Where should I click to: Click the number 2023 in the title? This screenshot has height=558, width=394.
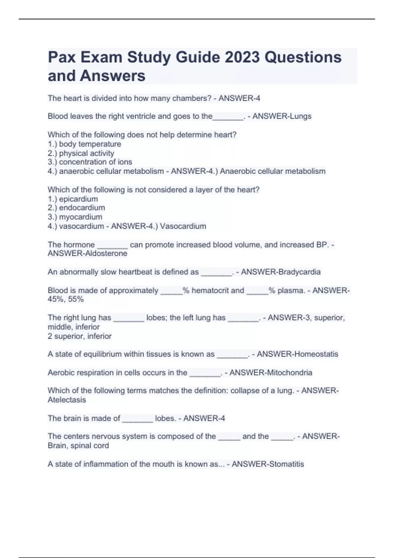pyautogui.click(x=242, y=57)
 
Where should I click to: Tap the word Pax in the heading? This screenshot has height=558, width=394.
pyautogui.click(x=61, y=57)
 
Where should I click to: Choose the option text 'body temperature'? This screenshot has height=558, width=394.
pyautogui.click(x=90, y=144)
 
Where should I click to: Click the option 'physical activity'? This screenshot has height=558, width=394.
pyautogui.click(x=87, y=153)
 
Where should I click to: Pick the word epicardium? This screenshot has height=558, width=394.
pyautogui.click(x=78, y=199)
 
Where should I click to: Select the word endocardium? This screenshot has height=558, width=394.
pyautogui.click(x=82, y=208)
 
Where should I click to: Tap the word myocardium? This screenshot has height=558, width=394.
pyautogui.click(x=81, y=217)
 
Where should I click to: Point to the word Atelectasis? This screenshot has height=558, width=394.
pyautogui.click(x=67, y=400)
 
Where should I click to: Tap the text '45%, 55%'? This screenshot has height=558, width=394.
pyautogui.click(x=66, y=299)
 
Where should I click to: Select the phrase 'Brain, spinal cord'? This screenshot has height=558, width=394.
pyautogui.click(x=78, y=446)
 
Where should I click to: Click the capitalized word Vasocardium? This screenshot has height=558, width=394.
pyautogui.click(x=183, y=226)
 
